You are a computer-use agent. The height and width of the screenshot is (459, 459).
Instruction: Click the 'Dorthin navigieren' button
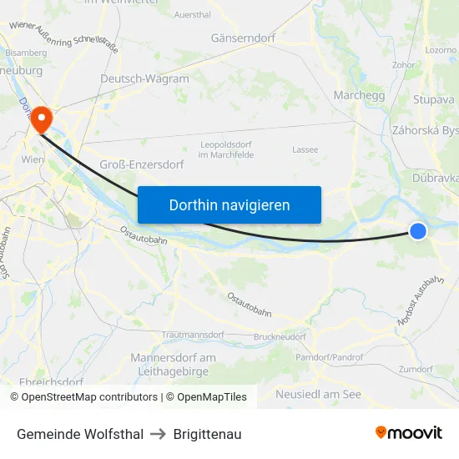(229, 204)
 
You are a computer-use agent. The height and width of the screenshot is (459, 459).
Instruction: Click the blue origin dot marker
(418, 230)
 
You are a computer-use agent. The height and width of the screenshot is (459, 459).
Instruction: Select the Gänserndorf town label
(243, 38)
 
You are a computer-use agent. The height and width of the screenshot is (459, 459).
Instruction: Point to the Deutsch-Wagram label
(144, 79)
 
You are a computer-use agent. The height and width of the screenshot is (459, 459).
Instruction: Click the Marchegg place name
(358, 95)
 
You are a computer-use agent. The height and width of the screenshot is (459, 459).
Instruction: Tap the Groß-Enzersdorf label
(142, 164)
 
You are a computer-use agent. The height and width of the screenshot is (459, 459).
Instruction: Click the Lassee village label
(305, 149)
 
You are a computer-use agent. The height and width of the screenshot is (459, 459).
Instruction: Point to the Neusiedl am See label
(318, 394)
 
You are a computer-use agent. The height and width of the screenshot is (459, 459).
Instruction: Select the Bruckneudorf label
(280, 336)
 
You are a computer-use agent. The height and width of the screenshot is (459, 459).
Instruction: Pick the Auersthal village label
(193, 15)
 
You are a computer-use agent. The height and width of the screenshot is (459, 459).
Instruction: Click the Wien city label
(33, 159)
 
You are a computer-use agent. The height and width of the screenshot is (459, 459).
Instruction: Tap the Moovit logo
(408, 432)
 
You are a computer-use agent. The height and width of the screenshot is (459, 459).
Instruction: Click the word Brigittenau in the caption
(208, 434)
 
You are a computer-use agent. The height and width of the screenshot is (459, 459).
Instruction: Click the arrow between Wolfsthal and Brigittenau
(159, 434)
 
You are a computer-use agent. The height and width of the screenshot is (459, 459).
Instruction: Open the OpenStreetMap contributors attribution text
(83, 397)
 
